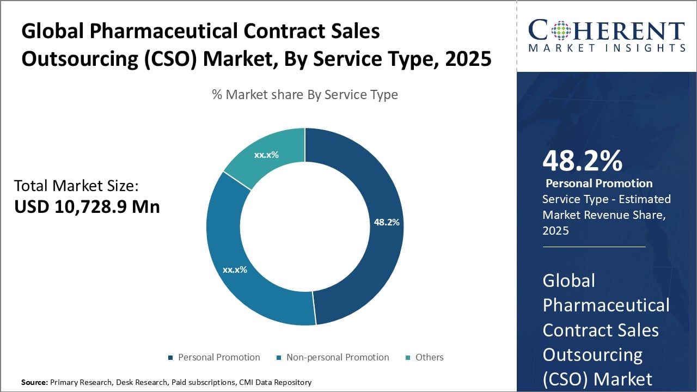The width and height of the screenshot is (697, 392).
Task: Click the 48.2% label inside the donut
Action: pos(387,222)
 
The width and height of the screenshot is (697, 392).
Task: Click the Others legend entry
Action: pos(429,357)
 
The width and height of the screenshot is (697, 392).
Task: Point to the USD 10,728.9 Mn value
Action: pos(87,207)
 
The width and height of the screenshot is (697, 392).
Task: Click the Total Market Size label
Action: pos(76,186)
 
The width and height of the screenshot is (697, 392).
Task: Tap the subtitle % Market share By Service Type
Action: pos(305,95)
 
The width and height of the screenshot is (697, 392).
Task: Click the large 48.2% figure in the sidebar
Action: pos(582,162)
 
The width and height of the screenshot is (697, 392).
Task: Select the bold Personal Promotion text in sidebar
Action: pos(599,183)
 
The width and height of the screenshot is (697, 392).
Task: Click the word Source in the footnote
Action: pos(34,382)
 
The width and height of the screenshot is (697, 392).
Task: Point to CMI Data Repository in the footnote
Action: pos(275,382)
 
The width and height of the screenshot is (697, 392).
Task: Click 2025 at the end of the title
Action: pos(468,58)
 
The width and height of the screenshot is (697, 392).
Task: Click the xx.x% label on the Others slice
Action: pos(266,155)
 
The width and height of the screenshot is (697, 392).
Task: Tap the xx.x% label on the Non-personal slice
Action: pos(235,269)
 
